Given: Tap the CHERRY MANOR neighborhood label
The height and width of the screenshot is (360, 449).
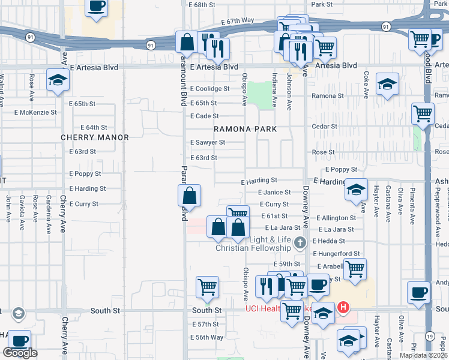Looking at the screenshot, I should point(95,137).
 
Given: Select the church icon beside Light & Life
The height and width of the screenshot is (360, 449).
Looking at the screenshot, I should point(300,242).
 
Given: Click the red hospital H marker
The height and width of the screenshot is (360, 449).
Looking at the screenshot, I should point(343,308).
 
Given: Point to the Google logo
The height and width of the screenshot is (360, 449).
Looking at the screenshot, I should point(20,353).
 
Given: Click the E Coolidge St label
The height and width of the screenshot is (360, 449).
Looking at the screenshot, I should point(209,89).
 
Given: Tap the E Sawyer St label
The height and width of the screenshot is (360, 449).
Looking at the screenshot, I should point(207,143).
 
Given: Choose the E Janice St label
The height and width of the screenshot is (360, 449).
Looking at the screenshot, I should point(274,193).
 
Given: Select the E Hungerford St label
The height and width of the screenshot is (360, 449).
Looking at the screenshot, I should point(336,254).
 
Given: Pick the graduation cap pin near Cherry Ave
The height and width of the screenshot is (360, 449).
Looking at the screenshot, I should point(58,80).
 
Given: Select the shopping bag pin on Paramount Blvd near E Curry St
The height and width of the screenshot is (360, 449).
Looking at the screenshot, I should point(189,196).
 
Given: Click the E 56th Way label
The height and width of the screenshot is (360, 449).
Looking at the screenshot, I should point(207,337).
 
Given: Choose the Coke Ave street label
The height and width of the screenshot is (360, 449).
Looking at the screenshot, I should point(366,82).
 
